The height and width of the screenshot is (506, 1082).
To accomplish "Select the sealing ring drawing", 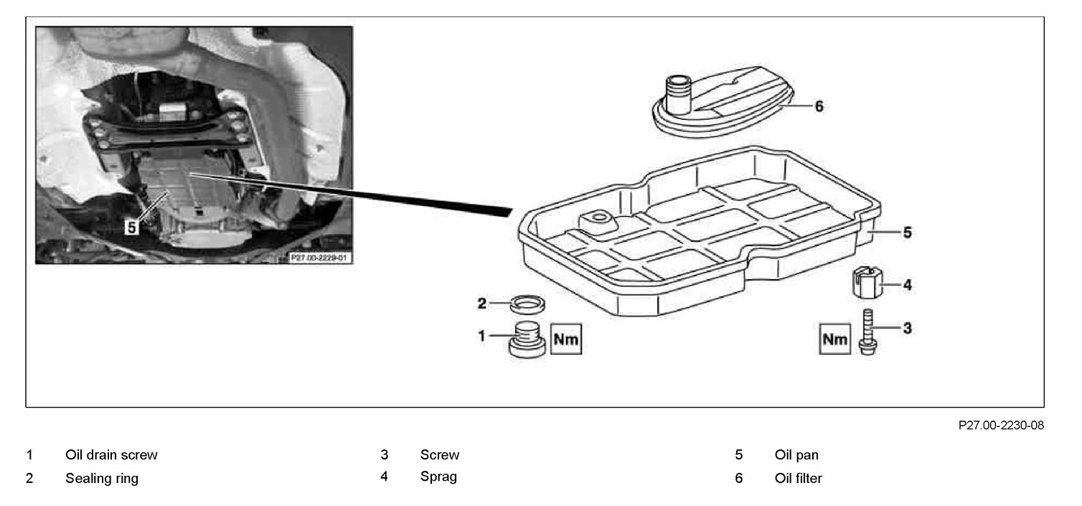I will [528, 304].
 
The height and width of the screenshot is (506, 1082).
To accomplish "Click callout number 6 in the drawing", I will [819, 106].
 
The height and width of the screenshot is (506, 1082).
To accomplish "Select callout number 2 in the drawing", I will [482, 304].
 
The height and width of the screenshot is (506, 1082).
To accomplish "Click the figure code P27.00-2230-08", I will [1001, 426].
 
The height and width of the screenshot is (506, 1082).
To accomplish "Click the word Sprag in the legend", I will [438, 477].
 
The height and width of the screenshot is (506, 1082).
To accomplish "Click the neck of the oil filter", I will [677, 94].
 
